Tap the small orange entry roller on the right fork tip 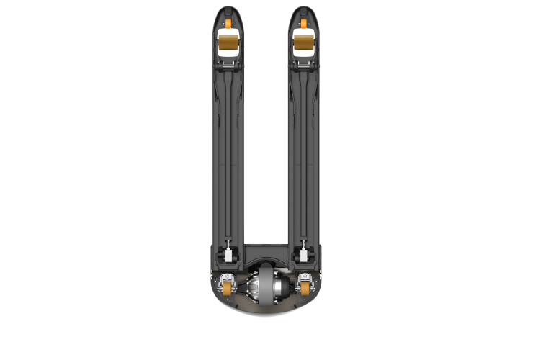pos(305,24)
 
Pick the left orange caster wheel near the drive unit pos(228,291)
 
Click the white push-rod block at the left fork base pos(228,256)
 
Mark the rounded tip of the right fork pos(305,10)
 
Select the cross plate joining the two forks pos(267,254)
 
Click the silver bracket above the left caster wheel pos(228,277)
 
